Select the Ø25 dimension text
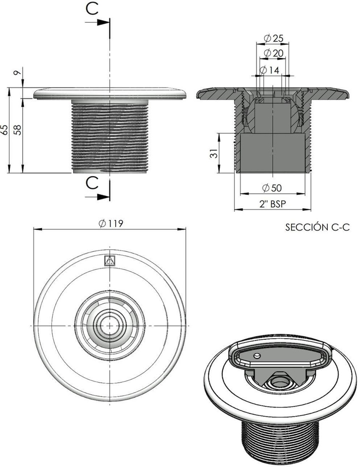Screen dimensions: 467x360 273,38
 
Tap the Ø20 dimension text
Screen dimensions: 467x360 273,53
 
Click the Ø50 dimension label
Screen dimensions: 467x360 272,188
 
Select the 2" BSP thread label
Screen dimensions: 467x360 272,204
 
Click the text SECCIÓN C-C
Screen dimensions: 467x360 317,228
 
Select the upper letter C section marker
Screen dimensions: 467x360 92,10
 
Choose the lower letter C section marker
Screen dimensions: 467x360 92,183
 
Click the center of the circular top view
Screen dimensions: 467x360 110,325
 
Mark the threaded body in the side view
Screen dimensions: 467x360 110,136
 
